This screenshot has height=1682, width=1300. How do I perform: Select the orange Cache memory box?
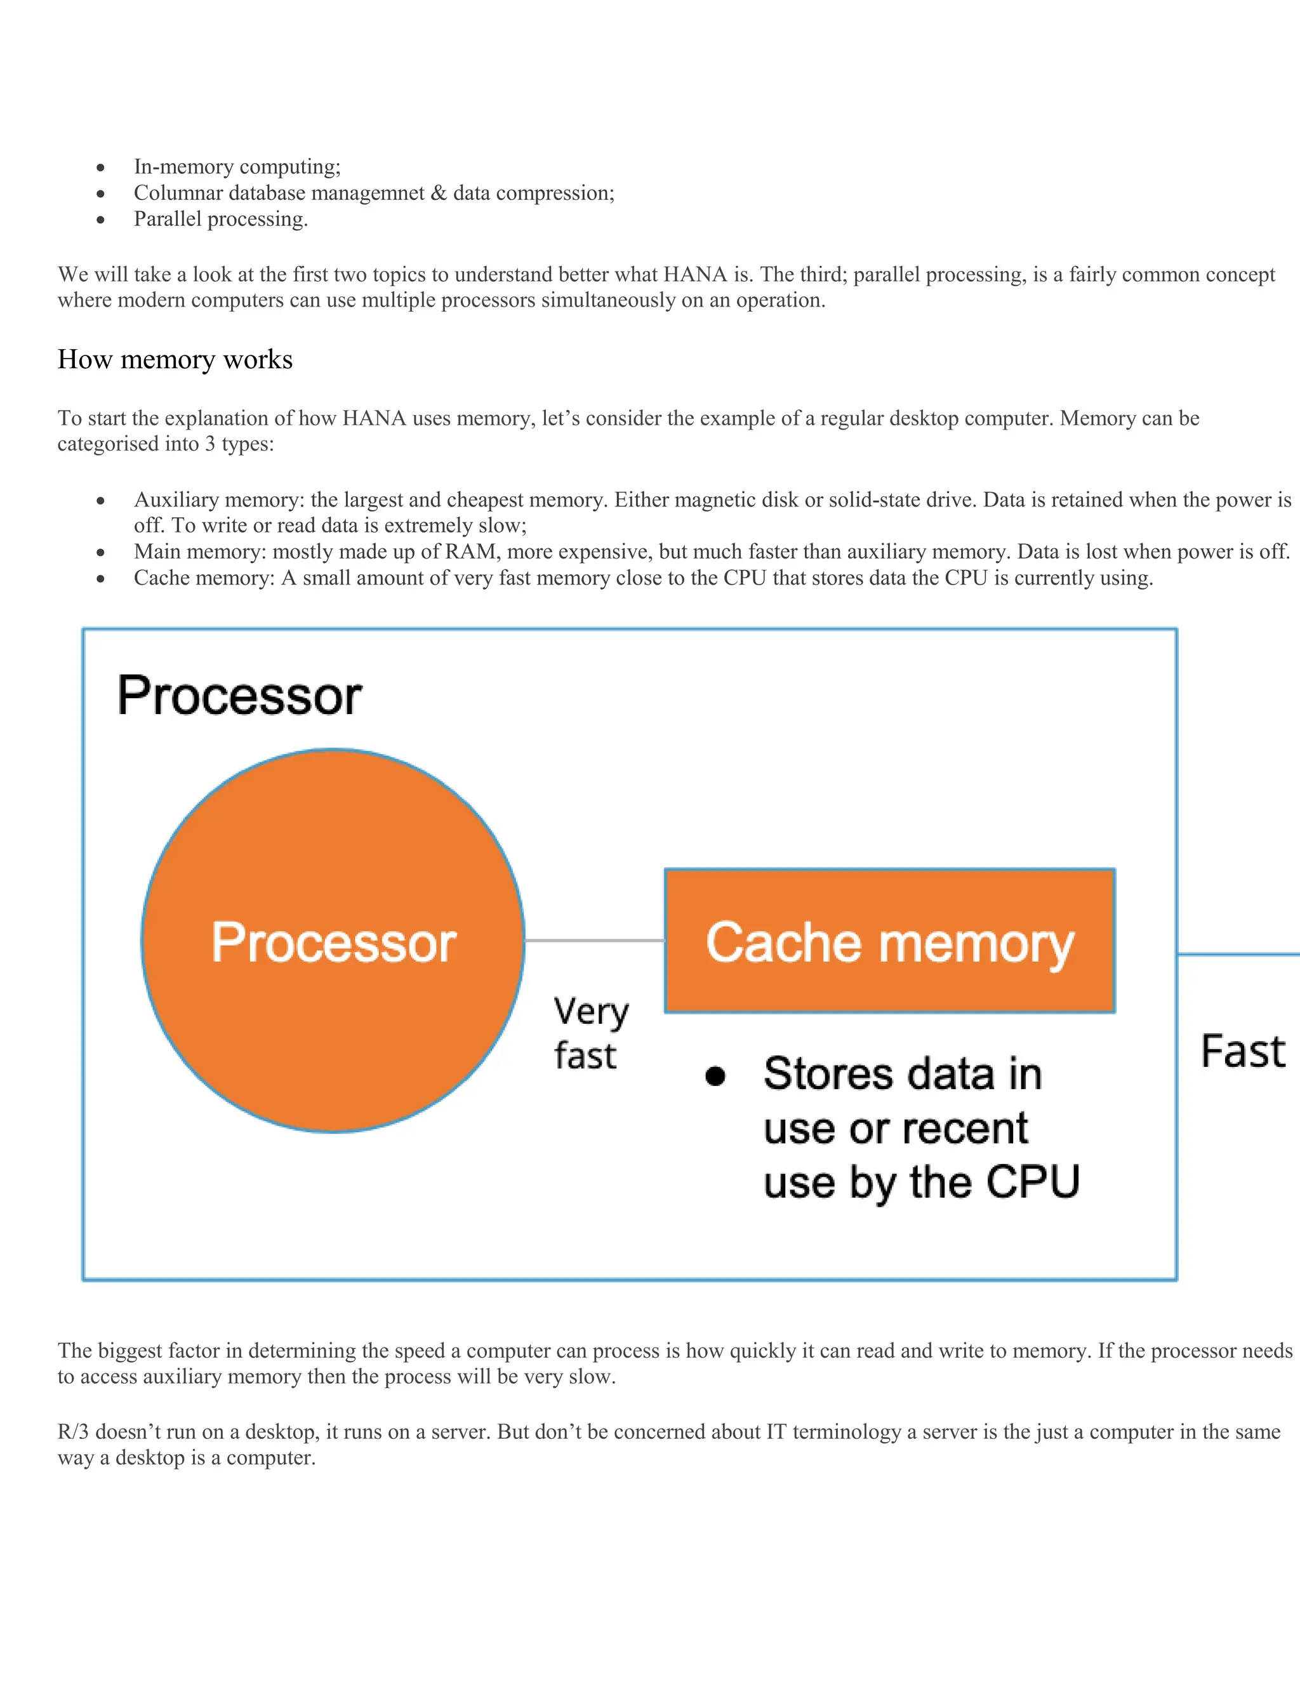pyautogui.click(x=889, y=941)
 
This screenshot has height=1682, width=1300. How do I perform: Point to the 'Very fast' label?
pyautogui.click(x=590, y=1033)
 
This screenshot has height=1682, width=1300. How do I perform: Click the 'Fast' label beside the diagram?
pyautogui.click(x=1243, y=1051)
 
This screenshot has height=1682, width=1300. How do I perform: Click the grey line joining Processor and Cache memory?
pyautogui.click(x=594, y=941)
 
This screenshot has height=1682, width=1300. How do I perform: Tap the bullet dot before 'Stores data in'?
pyautogui.click(x=715, y=1076)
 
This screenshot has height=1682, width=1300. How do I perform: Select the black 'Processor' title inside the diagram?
pyautogui.click(x=239, y=696)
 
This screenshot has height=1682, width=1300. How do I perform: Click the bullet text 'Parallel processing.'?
pyautogui.click(x=221, y=219)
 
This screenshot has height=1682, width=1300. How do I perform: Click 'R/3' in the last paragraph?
pyautogui.click(x=73, y=1432)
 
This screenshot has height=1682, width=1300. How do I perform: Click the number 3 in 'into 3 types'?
pyautogui.click(x=209, y=444)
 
